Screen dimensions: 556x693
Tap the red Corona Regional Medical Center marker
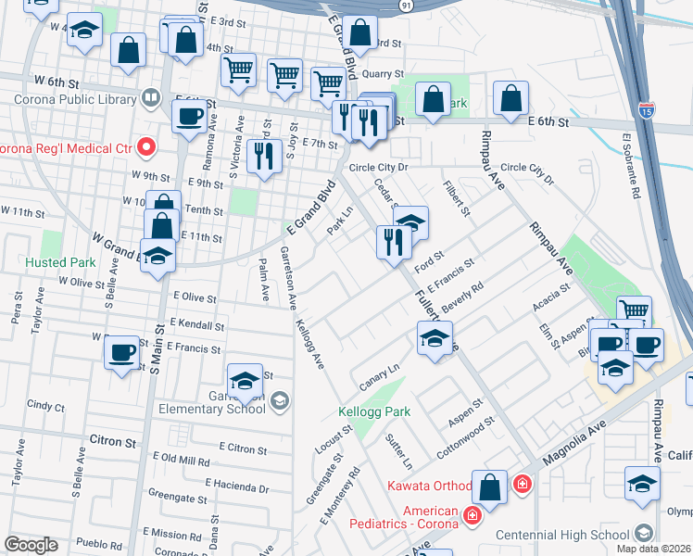145,146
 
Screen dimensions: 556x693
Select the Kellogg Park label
377,411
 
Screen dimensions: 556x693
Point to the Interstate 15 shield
645,110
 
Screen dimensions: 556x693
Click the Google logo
31,545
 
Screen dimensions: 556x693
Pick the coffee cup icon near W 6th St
189,117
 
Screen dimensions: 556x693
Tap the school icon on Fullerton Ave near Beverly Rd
434,337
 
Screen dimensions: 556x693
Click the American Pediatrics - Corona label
404,517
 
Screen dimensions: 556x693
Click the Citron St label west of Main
114,439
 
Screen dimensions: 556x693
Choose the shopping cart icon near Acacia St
634,312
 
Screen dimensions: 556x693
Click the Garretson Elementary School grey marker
280,400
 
